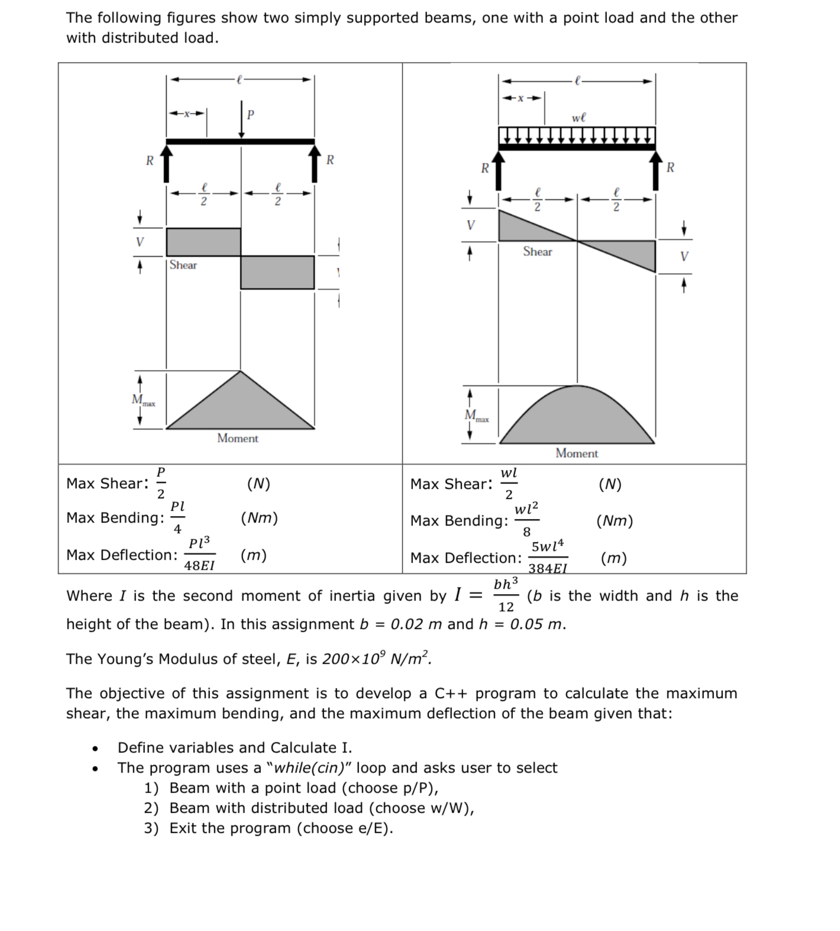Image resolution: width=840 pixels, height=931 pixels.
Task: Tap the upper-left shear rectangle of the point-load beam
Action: click(203, 242)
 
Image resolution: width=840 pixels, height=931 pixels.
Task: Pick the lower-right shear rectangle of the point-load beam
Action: click(277, 272)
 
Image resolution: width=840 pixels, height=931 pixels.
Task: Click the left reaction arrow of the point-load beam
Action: click(167, 164)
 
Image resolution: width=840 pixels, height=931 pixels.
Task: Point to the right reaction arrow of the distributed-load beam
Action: click(655, 170)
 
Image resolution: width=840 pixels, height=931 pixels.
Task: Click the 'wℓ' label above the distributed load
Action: click(579, 118)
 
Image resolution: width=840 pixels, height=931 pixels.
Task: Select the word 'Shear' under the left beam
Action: click(183, 265)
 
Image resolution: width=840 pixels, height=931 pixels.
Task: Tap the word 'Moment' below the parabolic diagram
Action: click(577, 453)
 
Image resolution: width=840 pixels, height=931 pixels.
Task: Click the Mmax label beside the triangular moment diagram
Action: click(143, 401)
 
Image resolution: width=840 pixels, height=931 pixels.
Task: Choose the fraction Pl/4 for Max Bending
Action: click(177, 517)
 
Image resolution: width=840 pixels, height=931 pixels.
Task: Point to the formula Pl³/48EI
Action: click(199, 554)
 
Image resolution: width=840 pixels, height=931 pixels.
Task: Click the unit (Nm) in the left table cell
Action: click(259, 518)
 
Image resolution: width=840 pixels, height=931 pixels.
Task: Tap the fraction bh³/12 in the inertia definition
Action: click(506, 595)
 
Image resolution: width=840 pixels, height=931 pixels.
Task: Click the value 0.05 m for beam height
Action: click(537, 624)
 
